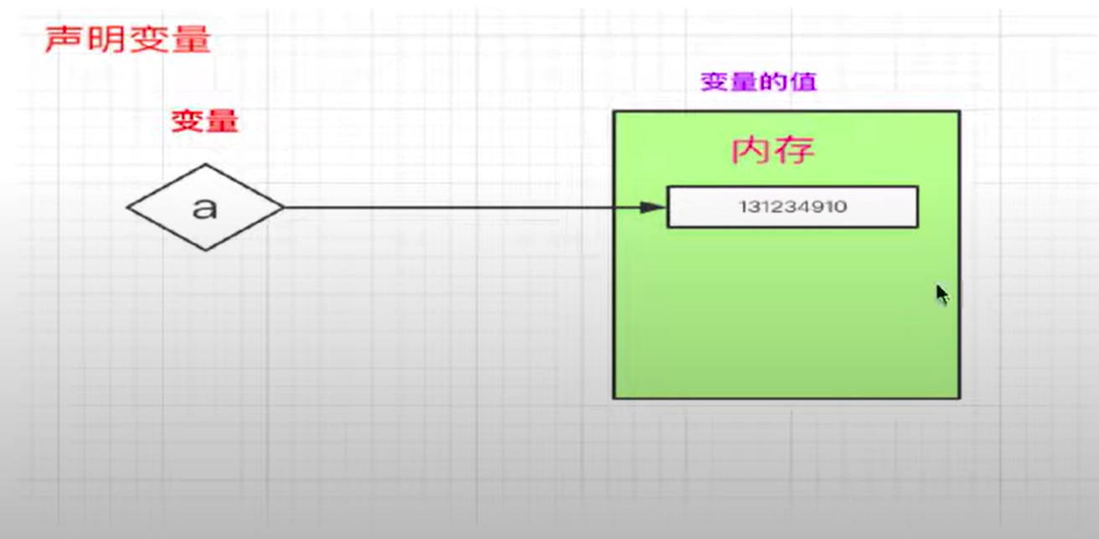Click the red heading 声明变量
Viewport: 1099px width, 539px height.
[128, 39]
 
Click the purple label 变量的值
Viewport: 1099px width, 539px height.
[759, 81]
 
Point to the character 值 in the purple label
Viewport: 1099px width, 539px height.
[803, 81]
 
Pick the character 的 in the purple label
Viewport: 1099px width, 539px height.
[772, 81]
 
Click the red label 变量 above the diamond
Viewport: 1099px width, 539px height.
[204, 121]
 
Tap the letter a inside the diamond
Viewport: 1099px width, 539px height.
[204, 208]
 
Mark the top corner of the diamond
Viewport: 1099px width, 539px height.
[205, 164]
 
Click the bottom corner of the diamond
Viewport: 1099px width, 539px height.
[205, 251]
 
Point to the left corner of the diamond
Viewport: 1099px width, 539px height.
[127, 207]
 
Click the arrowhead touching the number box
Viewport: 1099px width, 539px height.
[653, 207]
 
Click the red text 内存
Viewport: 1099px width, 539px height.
[772, 150]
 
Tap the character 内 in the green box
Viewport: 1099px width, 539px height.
[751, 150]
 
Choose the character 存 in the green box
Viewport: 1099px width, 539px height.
[795, 150]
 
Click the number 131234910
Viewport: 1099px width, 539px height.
[793, 207]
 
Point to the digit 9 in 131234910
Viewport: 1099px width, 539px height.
[817, 207]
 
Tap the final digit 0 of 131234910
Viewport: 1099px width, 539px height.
[841, 207]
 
